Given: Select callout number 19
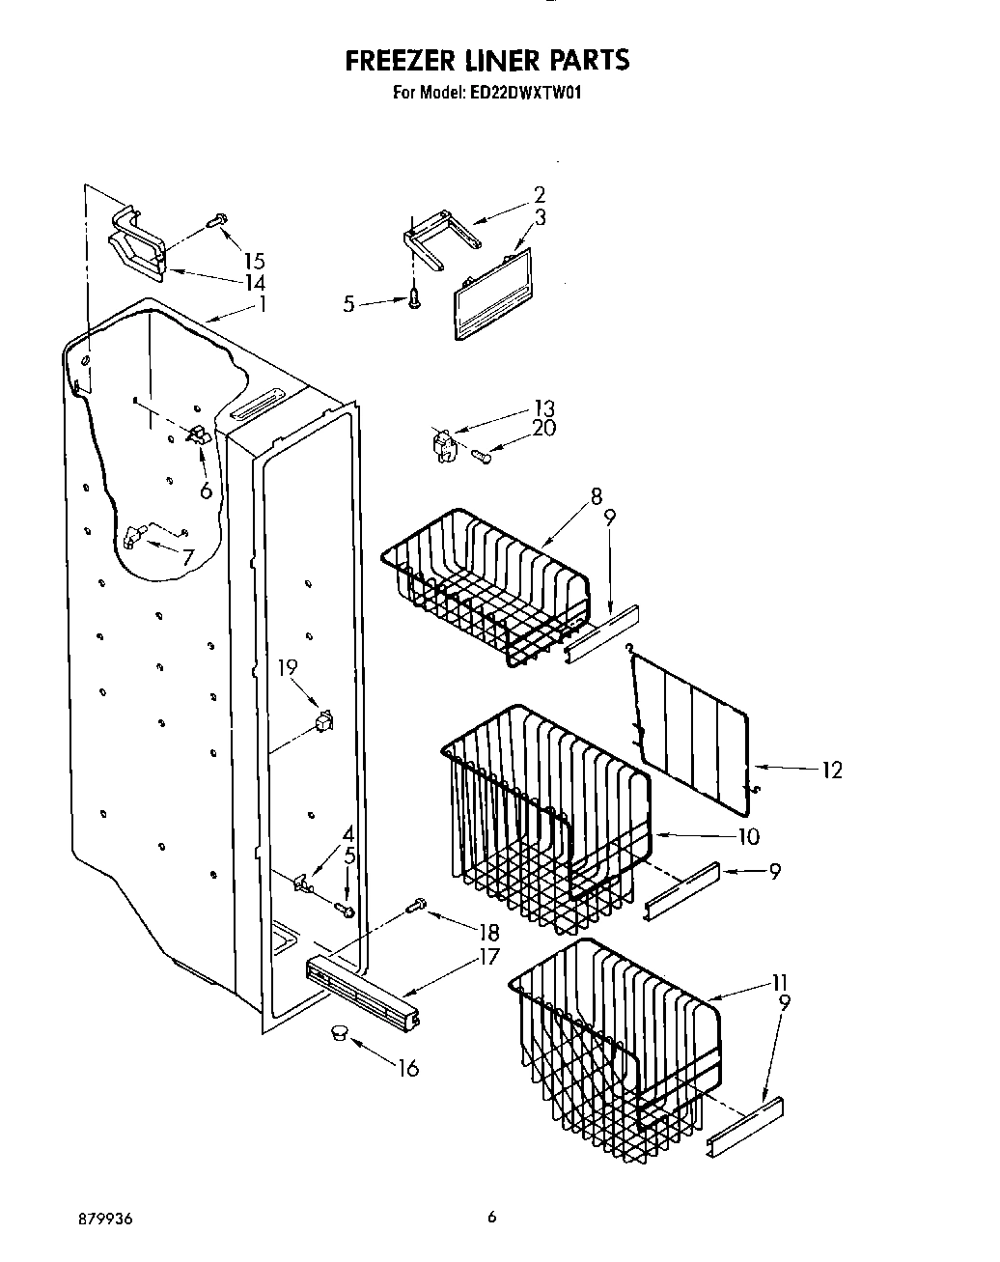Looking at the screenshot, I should [289, 667].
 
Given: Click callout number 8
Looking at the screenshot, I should [597, 497].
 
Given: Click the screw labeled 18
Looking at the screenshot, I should [417, 905].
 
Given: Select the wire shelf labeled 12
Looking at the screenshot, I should [693, 720].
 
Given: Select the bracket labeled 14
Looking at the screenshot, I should [135, 241].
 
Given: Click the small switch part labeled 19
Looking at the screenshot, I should [325, 720].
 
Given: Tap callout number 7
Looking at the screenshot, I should [187, 557].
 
